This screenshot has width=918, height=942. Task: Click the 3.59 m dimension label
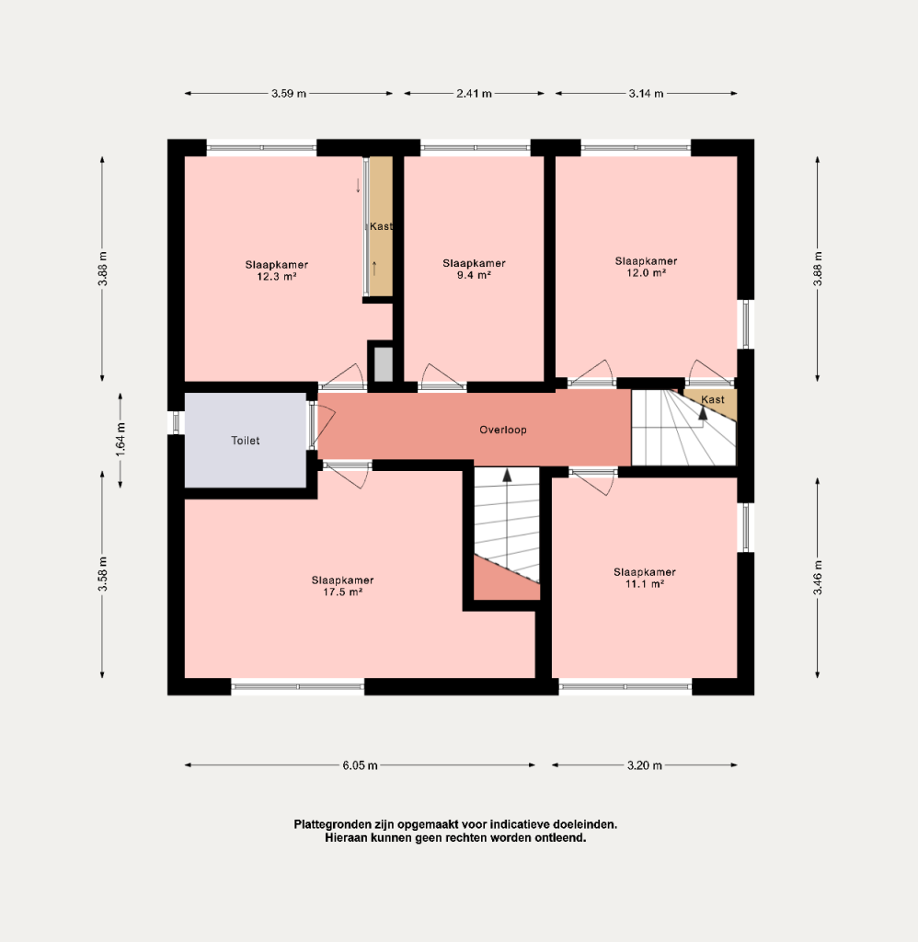point(289,94)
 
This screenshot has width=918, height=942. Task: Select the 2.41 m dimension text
point(474,94)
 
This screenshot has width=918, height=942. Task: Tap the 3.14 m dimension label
point(647,94)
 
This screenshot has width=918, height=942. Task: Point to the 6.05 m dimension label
point(361,765)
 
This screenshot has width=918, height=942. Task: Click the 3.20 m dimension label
point(645,765)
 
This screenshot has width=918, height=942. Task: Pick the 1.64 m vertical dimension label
point(120,440)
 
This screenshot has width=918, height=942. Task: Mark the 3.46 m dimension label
point(818,578)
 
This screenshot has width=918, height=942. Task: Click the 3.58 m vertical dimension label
point(103,574)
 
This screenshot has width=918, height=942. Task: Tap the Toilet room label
point(246,441)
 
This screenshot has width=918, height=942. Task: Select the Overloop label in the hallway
point(503,431)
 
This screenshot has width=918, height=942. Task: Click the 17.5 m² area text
point(342,592)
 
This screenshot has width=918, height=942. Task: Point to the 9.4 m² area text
point(474,275)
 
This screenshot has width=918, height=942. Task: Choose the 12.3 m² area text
point(276,277)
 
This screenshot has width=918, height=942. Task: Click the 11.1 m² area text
point(645,584)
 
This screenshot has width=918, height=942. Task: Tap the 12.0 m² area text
point(647,272)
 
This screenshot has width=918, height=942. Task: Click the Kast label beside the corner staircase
point(713,399)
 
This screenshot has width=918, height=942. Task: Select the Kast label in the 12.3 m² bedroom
point(381,226)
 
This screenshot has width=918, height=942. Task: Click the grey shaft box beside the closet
point(384,364)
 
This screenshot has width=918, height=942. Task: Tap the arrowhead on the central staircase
point(507,476)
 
